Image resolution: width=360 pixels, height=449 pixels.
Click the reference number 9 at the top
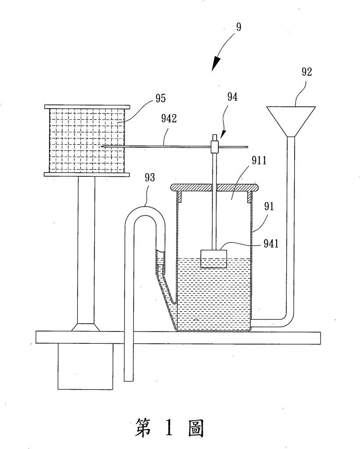(x=238, y=26)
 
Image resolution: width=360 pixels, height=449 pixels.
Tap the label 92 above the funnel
(x=307, y=72)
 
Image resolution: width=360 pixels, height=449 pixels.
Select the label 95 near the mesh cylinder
(x=160, y=99)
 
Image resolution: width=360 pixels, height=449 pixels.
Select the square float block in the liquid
(x=214, y=258)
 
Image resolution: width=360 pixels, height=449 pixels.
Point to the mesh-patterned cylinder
(x=88, y=140)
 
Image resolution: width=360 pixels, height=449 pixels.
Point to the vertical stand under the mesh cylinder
(x=86, y=250)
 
